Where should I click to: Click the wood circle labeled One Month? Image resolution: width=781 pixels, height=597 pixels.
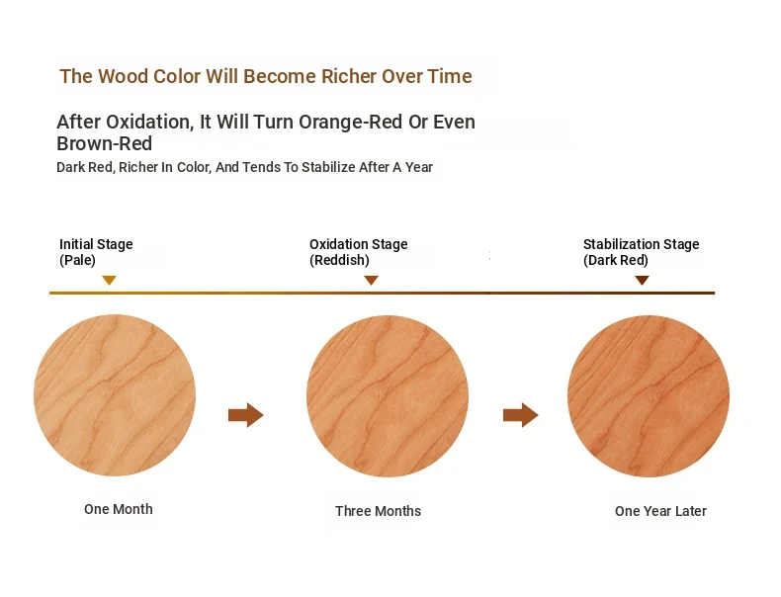[115, 395]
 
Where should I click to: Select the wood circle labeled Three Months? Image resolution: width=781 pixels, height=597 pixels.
[388, 396]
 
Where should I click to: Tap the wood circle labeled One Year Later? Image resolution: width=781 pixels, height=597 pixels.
[649, 396]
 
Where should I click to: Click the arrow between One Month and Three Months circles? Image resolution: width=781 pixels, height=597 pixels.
[246, 415]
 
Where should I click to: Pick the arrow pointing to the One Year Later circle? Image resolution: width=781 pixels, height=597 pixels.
[520, 415]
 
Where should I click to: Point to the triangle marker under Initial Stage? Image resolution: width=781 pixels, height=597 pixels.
[109, 280]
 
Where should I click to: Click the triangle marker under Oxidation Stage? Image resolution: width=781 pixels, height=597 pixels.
[371, 280]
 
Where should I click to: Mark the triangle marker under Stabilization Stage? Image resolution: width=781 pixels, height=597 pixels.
[642, 280]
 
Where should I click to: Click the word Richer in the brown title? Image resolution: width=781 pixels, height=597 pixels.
[349, 76]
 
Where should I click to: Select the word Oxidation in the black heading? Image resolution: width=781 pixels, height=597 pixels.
[150, 122]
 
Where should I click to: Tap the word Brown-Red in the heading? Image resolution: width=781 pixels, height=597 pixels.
[104, 144]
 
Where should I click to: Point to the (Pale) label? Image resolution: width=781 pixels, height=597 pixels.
[77, 260]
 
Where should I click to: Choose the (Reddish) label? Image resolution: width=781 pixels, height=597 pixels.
[339, 260]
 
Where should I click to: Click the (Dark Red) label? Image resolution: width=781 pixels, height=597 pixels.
[616, 260]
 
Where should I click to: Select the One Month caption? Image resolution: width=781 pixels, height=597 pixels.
[119, 509]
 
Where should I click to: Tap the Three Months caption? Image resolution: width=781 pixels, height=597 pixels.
[378, 511]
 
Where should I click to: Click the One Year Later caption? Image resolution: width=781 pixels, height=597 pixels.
[660, 511]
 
